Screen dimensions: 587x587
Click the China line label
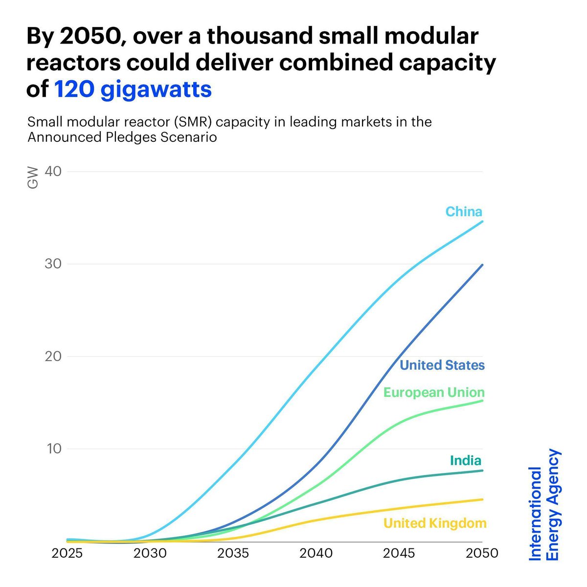463,211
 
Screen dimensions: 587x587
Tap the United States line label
442,365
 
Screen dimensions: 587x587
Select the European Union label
433,392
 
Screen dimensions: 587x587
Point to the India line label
465,460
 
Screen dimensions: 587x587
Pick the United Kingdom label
434,523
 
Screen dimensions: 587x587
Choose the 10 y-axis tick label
55,449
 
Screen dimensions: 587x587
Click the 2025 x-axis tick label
68,553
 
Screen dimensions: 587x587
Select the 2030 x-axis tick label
150,553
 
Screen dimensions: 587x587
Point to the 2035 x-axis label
233,553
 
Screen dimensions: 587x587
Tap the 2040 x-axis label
316,553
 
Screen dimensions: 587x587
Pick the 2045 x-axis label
399,553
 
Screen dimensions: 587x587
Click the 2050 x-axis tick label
481,553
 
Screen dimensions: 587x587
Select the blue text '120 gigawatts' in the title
133,90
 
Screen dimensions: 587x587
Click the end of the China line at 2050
482,222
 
